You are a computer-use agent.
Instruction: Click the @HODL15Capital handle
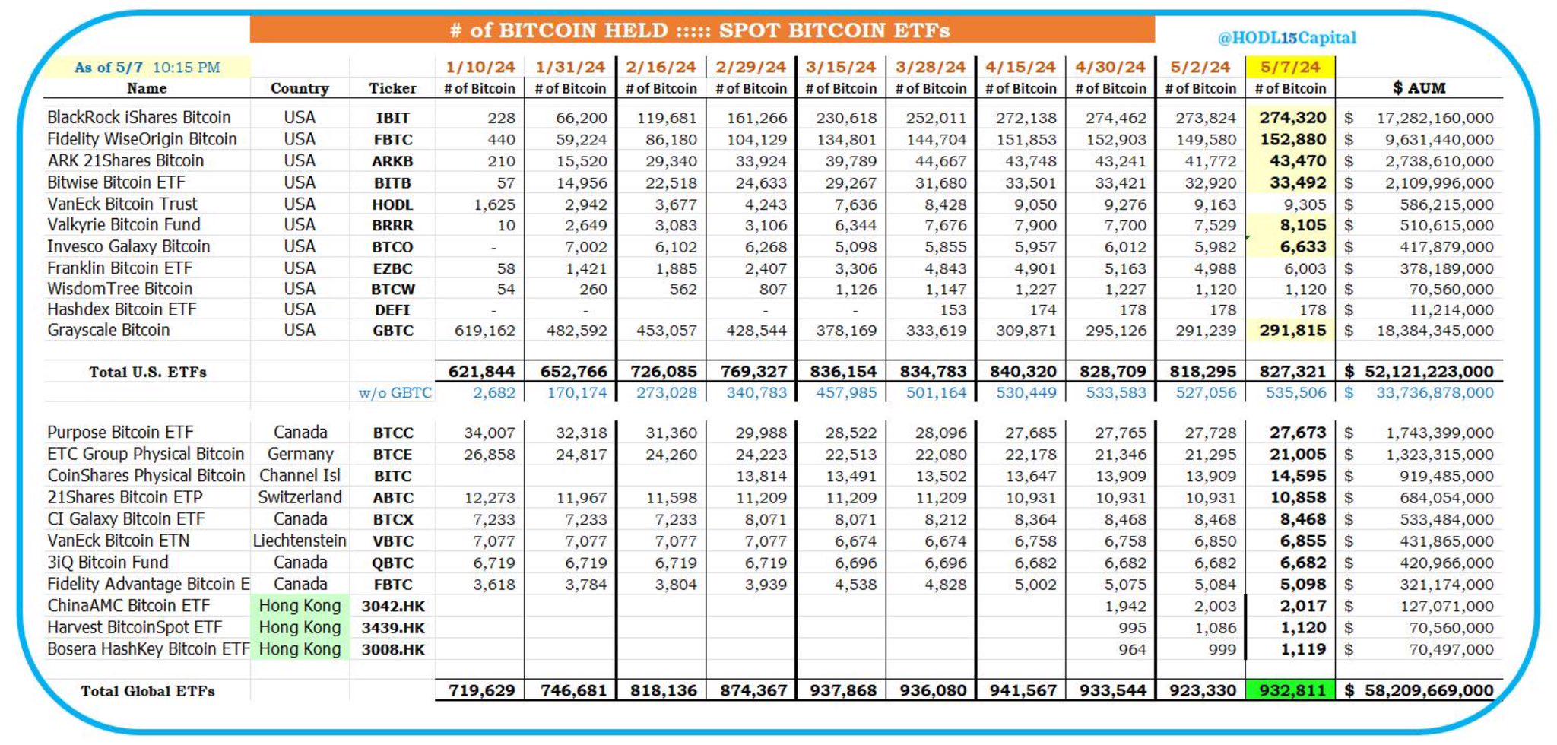[1286, 38]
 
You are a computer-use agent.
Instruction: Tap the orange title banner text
[700, 30]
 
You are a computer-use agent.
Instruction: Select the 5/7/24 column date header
[1290, 67]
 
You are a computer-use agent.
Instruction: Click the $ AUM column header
[1419, 88]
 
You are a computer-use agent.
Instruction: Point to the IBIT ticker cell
[392, 118]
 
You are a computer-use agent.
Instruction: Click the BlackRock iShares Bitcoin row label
[139, 118]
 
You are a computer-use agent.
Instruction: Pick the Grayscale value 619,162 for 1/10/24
[484, 331]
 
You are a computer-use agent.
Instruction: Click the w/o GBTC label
[395, 393]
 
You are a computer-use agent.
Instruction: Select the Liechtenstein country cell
[300, 541]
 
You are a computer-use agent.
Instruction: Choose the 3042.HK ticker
[393, 607]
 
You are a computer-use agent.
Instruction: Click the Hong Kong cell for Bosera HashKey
[300, 650]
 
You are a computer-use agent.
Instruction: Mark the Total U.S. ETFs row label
[147, 372]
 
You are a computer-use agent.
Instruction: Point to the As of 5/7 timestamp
[147, 68]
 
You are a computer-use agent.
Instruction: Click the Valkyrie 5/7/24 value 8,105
[1302, 226]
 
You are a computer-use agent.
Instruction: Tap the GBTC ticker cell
[393, 331]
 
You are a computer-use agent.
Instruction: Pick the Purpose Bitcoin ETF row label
[120, 433]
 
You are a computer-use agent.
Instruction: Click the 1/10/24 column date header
[480, 67]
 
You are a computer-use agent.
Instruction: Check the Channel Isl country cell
[300, 476]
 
